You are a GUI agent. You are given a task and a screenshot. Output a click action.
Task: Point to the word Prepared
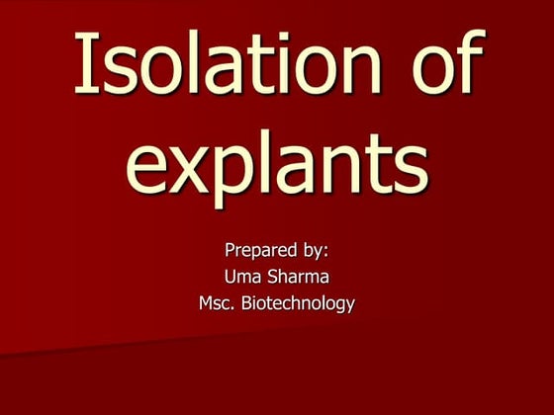point(256,251)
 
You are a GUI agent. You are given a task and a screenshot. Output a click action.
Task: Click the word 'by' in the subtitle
point(314,251)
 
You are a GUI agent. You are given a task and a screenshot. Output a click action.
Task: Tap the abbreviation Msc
point(217,304)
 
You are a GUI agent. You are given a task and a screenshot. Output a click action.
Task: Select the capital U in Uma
point(231,278)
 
